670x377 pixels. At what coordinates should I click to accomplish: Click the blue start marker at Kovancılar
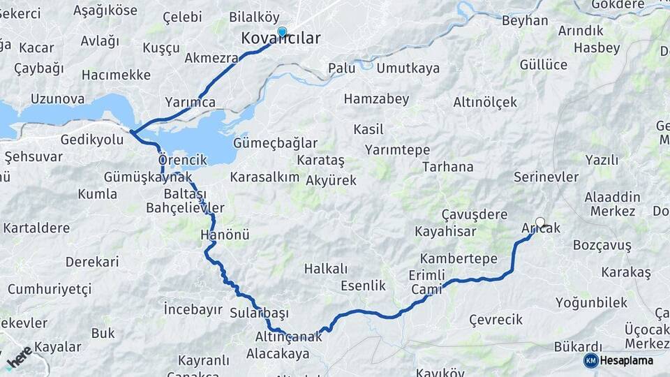(282, 31)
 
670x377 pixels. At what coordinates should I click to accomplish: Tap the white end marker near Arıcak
(539, 223)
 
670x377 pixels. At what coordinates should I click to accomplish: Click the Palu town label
(342, 68)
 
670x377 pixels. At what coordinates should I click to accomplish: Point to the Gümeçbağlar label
(275, 142)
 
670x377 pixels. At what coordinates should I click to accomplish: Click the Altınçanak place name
(288, 337)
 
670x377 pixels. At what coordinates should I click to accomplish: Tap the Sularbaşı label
(259, 313)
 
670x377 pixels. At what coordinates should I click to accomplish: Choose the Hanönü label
(225, 235)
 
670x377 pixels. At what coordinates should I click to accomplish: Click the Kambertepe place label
(459, 258)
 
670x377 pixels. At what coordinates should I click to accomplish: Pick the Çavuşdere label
(475, 214)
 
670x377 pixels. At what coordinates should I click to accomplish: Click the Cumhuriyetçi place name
(50, 289)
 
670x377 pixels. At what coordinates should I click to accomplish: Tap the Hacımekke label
(116, 75)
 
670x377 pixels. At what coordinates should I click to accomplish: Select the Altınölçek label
(485, 102)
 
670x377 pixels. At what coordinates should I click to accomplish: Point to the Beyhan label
(525, 20)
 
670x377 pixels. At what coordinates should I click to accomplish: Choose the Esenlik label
(363, 286)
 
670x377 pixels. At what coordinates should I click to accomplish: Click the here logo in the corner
(20, 357)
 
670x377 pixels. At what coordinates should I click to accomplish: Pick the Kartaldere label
(36, 228)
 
